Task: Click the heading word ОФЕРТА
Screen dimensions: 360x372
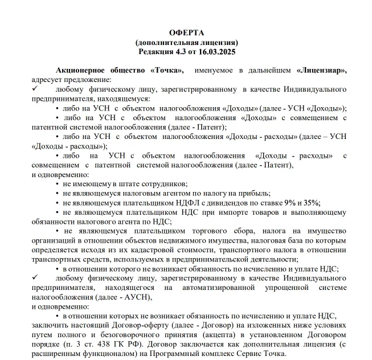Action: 186,32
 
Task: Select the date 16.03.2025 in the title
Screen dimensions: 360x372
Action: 216,51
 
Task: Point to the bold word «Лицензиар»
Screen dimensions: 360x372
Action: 321,70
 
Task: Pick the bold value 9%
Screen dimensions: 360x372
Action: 290,203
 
